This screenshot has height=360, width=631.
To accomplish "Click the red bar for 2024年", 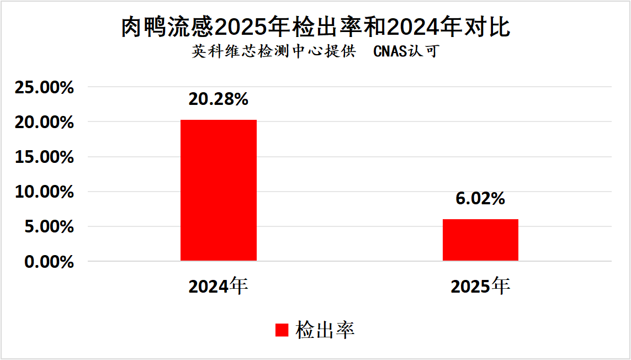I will pos(218,190).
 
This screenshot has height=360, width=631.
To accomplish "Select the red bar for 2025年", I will pos(480,240).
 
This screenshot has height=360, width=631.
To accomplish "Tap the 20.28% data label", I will pos(218,99).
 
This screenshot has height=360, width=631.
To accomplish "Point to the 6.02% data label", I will pos(480,199).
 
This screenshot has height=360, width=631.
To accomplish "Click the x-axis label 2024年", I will pos(218,286).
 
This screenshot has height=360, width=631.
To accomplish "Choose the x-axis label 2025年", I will pos(480,286).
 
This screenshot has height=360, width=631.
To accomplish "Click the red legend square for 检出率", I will pos(282,330).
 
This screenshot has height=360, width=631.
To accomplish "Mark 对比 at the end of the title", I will pos(491,27).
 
